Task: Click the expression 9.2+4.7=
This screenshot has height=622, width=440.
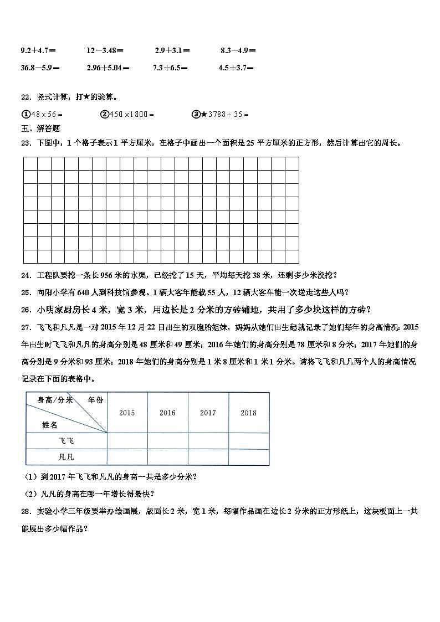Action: tap(38, 50)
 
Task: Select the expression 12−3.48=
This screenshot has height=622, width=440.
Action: tap(105, 50)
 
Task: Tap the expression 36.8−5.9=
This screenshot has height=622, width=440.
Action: tap(40, 68)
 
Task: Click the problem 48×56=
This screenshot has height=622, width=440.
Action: tap(42, 114)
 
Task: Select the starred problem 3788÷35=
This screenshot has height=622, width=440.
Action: tap(221, 114)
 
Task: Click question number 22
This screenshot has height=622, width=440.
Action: tap(25, 97)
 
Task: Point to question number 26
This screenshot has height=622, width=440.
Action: tap(25, 309)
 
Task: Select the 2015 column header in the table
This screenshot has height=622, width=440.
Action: tap(127, 413)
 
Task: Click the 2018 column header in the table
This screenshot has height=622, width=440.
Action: tap(249, 413)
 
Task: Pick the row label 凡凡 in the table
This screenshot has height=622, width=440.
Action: tap(66, 457)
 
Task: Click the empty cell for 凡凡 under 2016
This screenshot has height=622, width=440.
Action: tap(167, 457)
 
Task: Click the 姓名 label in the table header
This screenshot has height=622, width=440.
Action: tap(50, 424)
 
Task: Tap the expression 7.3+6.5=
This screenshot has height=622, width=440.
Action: tap(170, 68)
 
